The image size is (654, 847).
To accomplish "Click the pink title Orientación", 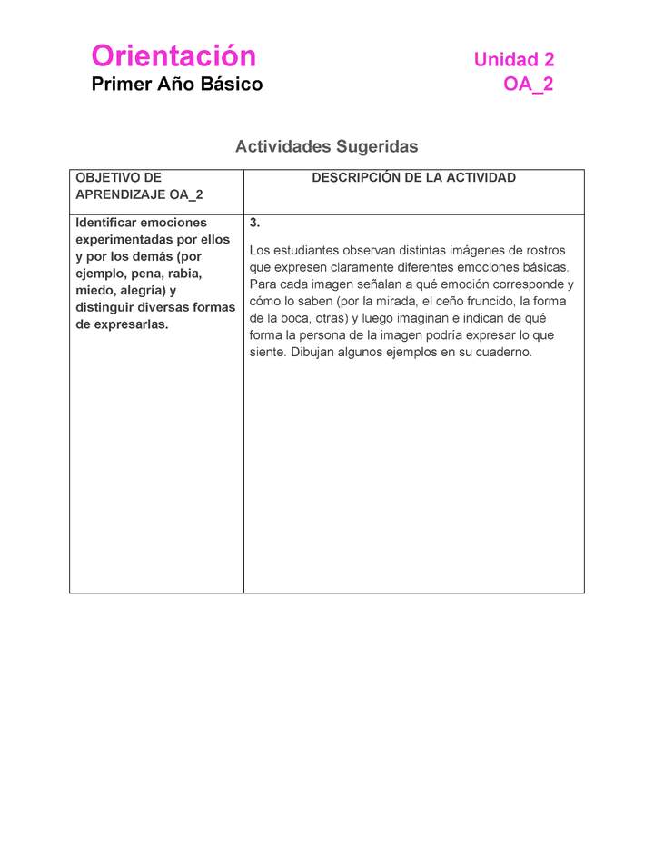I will [173, 56].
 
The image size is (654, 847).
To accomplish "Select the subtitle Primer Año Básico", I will [176, 85].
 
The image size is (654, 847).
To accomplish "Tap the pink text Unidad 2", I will [513, 60].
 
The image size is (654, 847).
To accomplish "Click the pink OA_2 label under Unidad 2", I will [529, 85].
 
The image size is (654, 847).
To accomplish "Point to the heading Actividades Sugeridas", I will [326, 146].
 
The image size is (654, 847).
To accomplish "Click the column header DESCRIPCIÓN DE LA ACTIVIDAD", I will [413, 178].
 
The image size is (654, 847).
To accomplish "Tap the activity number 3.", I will [255, 223].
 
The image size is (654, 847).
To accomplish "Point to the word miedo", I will [96, 291].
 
